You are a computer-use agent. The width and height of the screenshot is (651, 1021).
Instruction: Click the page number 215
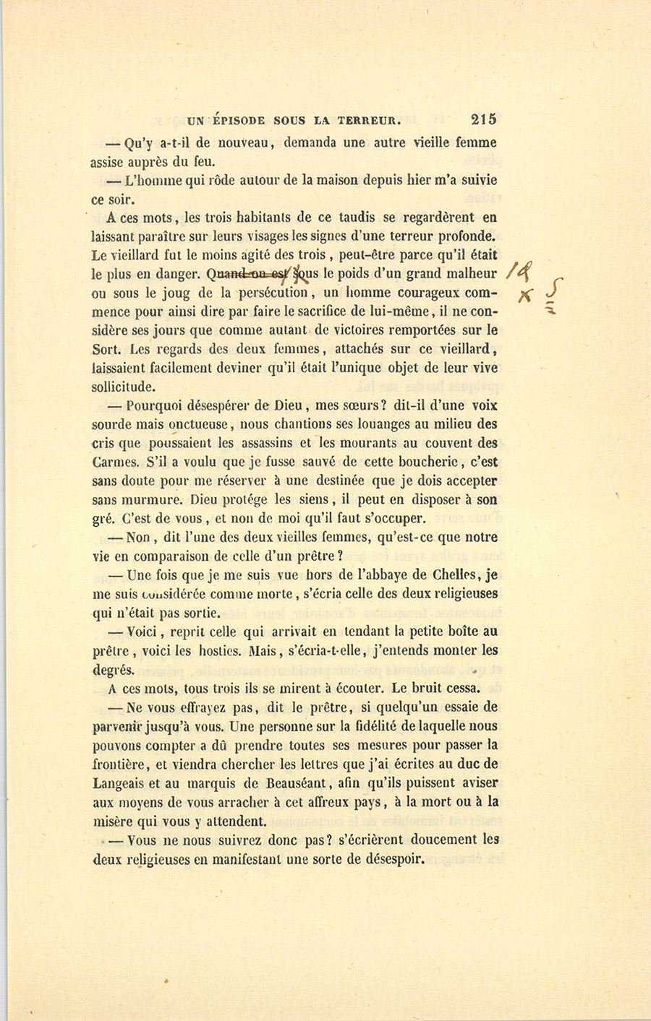[482, 120]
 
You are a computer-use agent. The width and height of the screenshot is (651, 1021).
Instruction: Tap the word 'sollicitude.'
[124, 387]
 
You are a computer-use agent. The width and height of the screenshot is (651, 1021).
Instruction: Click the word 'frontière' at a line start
[121, 764]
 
